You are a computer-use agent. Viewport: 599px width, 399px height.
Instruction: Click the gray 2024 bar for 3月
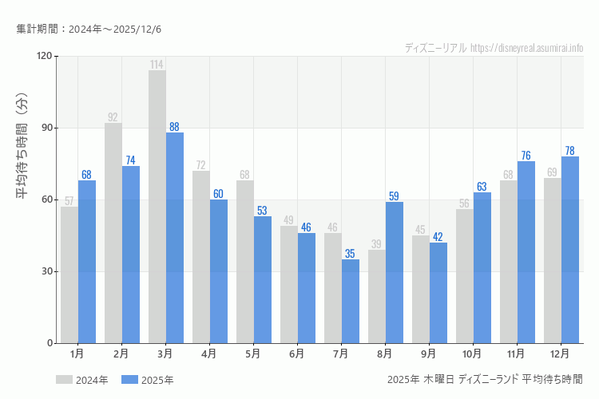click(157, 207)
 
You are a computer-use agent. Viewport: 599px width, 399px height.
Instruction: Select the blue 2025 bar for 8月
click(395, 272)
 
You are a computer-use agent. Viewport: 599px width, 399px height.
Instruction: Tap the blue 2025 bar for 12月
click(570, 250)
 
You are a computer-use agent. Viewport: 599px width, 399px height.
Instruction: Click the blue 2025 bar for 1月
click(87, 262)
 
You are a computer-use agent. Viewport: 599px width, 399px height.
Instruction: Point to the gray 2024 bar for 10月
click(465, 276)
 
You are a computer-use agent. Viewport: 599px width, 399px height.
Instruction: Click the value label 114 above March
click(157, 65)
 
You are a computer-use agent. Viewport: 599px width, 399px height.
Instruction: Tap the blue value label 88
click(174, 127)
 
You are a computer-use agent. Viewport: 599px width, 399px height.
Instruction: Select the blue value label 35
click(350, 254)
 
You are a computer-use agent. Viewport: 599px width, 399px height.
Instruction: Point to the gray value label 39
click(376, 244)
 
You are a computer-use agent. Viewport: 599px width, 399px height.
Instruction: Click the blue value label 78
click(569, 151)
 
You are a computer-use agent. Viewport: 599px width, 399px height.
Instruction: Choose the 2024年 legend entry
click(82, 380)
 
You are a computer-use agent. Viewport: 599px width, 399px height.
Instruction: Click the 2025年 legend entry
click(148, 380)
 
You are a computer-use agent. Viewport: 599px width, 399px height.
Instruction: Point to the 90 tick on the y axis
click(46, 128)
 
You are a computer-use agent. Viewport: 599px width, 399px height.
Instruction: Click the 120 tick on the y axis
click(43, 56)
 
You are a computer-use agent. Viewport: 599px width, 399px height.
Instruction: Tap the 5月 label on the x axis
click(253, 353)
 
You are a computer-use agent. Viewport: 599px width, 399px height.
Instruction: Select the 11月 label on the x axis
click(517, 353)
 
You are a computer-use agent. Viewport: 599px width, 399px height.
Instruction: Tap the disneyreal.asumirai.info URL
click(526, 48)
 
